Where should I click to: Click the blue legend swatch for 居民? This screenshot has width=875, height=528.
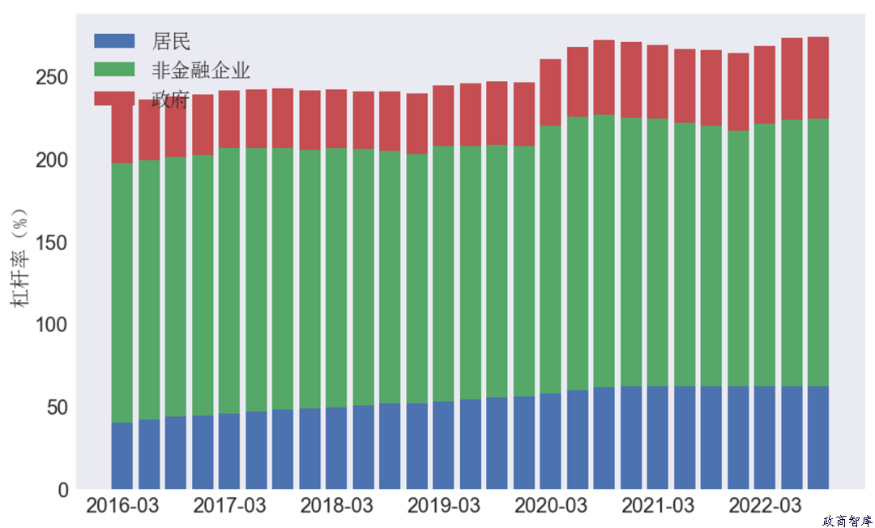click(x=114, y=40)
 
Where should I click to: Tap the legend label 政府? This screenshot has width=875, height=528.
click(x=170, y=99)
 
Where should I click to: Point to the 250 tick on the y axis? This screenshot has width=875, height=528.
click(x=52, y=78)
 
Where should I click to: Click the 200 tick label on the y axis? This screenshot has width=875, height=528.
click(x=52, y=160)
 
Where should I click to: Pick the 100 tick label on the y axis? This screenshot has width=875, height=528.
click(x=52, y=325)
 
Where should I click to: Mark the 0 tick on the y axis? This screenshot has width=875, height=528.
click(x=62, y=490)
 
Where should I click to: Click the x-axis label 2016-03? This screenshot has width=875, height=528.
click(x=122, y=506)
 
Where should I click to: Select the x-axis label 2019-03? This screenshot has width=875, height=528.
click(x=443, y=506)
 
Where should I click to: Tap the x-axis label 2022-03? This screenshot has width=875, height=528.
click(x=765, y=506)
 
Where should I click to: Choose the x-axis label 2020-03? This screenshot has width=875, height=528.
click(x=551, y=506)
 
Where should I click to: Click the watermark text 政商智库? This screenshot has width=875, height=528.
click(x=847, y=521)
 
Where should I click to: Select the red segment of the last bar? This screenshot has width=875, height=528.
click(x=817, y=78)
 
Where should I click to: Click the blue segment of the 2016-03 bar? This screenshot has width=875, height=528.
click(x=122, y=456)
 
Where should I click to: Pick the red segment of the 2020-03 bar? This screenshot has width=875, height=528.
click(x=551, y=92)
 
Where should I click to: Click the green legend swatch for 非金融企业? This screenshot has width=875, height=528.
click(x=114, y=70)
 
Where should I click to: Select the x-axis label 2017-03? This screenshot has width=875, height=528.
click(x=229, y=506)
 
